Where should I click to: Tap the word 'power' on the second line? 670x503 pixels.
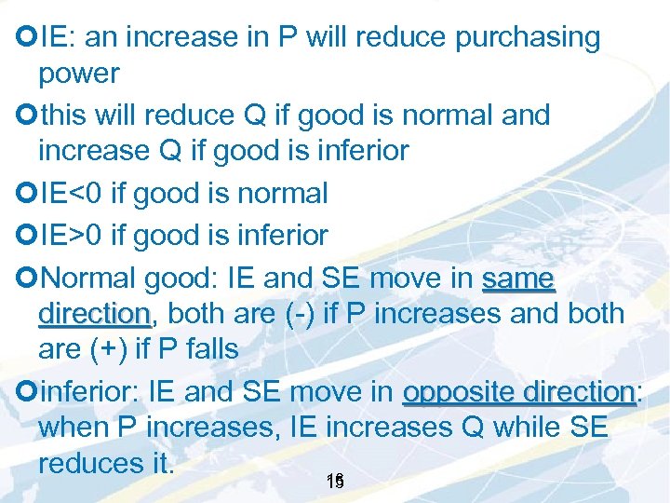click(79, 74)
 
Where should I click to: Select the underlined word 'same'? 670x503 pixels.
click(518, 278)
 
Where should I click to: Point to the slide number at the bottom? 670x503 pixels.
click(336, 482)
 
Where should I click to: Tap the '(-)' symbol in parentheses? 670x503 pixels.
click(301, 313)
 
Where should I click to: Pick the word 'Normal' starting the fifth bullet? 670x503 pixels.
click(89, 278)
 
